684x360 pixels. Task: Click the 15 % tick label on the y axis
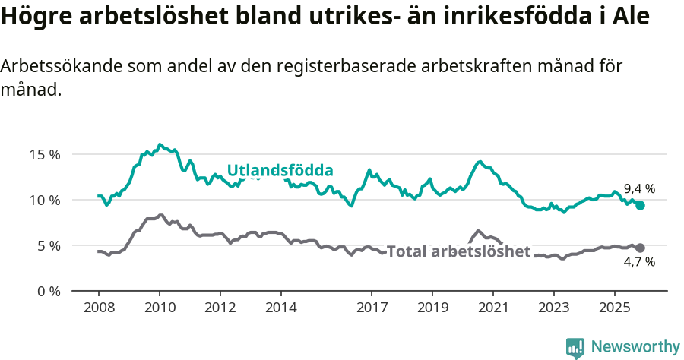point(44,154)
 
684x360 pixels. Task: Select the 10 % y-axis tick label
point(44,200)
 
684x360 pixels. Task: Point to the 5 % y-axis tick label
point(47,245)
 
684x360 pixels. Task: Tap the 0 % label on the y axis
point(47,291)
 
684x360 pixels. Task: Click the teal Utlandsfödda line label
point(280,170)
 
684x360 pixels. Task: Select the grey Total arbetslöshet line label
point(458,252)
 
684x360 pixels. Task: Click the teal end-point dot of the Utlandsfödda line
point(640,205)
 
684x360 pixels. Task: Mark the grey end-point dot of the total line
point(640,248)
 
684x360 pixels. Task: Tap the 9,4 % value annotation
point(639,189)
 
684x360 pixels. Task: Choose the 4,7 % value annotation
point(639,262)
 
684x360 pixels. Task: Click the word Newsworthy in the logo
point(635,347)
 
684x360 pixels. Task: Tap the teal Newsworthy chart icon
point(575,348)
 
